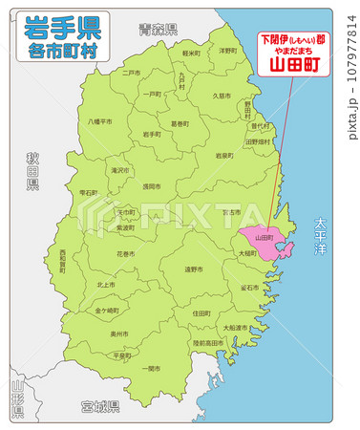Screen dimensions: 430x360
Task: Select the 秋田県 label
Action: tap(32, 171)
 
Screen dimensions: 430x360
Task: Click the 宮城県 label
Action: tap(99, 407)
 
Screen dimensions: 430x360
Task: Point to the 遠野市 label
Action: tap(194, 269)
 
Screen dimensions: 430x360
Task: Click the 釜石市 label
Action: tap(248, 287)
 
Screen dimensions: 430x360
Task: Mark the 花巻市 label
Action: tap(126, 254)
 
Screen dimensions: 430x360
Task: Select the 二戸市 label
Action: tap(131, 72)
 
